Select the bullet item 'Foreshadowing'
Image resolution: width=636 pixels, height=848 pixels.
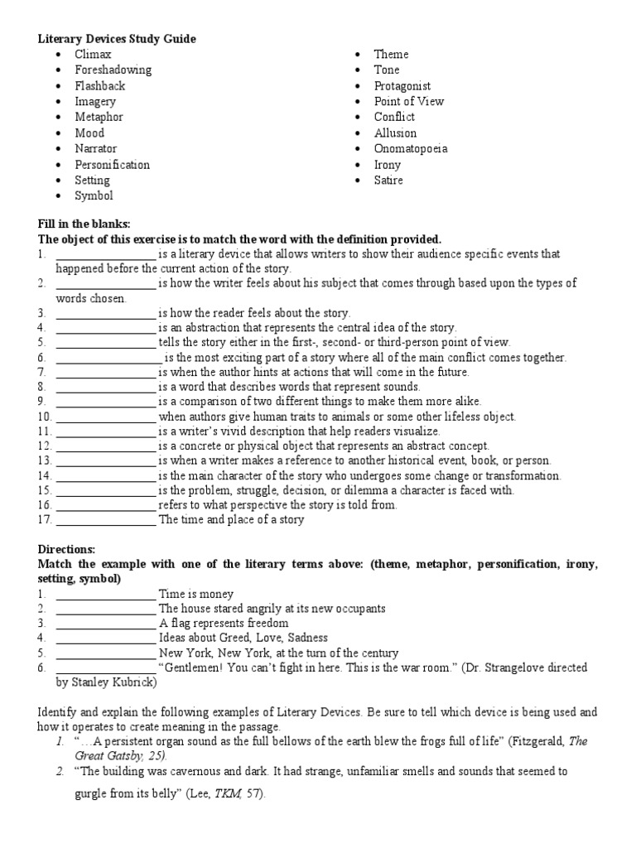coord(113,70)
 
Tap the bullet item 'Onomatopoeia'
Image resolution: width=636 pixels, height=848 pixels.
coord(411,148)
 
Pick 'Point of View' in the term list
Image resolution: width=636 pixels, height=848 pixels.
coord(409,101)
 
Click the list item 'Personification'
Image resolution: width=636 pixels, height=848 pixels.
coord(112,164)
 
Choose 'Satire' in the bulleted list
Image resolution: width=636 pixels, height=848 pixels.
coord(388,180)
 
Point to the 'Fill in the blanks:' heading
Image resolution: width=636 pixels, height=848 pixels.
coord(84,224)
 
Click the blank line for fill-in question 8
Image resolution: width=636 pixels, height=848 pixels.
coord(105,387)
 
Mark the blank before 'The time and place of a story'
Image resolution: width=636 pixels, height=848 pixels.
coord(105,521)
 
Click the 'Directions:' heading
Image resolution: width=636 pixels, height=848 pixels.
coord(67,549)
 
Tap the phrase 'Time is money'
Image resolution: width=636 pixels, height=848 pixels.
coord(196,594)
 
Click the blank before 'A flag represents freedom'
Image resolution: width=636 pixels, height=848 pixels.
coord(105,624)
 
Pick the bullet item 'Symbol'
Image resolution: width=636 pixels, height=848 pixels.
coord(94,195)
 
